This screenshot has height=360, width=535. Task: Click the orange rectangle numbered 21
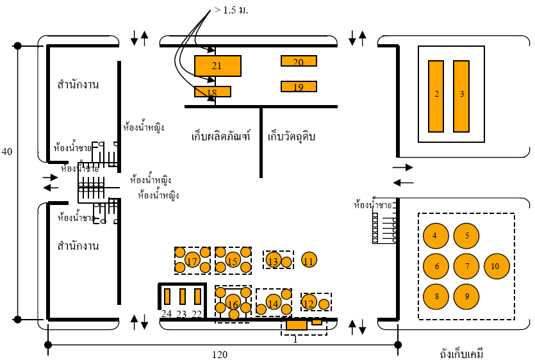[x=217, y=66]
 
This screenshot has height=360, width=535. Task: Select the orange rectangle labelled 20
[x=299, y=61]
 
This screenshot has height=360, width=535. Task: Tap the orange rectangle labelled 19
[x=299, y=87]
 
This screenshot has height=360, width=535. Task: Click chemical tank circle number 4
[x=436, y=235]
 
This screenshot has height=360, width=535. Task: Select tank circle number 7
[x=466, y=266]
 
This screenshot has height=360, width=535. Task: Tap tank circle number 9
[x=466, y=296]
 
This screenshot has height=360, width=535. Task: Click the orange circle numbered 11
[x=309, y=261]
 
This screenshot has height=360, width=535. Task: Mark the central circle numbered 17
[x=192, y=261]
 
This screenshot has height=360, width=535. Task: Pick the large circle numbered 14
[x=274, y=304]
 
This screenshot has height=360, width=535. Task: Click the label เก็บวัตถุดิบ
[x=292, y=136]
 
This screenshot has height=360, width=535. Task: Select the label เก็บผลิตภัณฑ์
[x=220, y=136]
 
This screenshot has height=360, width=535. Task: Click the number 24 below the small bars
[x=167, y=314]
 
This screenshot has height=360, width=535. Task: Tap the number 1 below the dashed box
[x=295, y=339]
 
